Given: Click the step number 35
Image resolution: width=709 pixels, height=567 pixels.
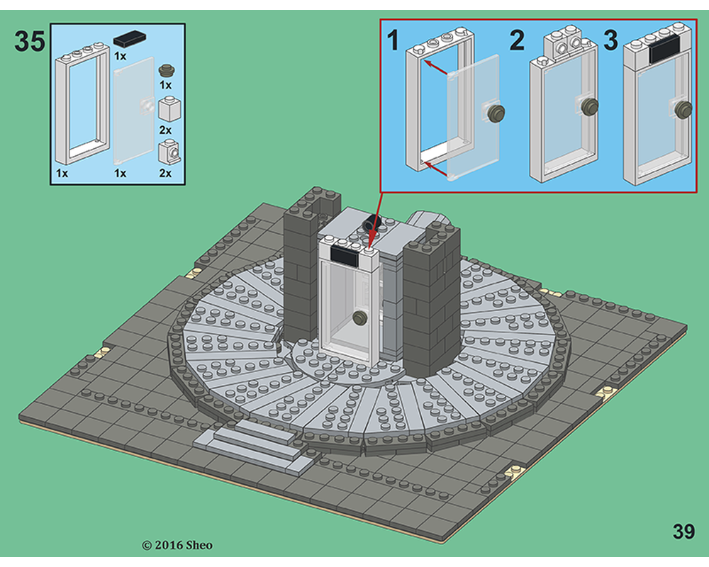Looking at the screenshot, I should tap(30, 42).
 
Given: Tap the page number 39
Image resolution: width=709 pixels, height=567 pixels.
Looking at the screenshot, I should tap(683, 532).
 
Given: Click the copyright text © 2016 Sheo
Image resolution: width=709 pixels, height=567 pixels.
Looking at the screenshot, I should tap(177, 545).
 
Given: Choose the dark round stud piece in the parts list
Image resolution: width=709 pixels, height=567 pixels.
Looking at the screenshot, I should tap(167, 70).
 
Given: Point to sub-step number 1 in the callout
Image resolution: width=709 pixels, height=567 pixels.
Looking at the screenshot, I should tap(392, 40).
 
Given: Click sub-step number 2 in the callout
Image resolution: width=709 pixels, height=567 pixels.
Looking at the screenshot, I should tap(517, 40).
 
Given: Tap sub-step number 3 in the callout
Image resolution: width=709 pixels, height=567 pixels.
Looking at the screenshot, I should tap(610, 40).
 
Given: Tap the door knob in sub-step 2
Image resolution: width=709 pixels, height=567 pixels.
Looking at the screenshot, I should tap(589, 106).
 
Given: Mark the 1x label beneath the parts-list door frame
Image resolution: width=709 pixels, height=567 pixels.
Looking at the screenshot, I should tap(62, 172).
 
